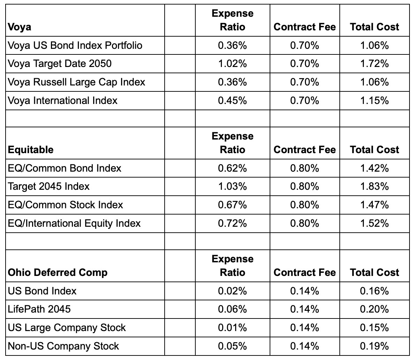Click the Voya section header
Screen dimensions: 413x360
(x=20, y=27)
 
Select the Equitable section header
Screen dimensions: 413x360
(x=31, y=150)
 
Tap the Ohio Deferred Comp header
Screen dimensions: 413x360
(x=58, y=272)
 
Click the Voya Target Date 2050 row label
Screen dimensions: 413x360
(x=60, y=64)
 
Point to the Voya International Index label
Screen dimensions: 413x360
(x=63, y=100)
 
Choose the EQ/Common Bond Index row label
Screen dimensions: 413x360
(x=65, y=168)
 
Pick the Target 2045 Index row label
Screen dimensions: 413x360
(x=49, y=186)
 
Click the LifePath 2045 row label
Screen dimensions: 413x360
(x=39, y=309)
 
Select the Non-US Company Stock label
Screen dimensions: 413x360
(x=63, y=346)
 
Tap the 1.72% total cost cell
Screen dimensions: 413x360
(x=374, y=64)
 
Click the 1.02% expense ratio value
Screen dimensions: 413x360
(x=233, y=64)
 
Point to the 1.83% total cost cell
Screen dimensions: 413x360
(x=374, y=186)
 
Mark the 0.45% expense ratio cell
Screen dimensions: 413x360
(x=233, y=100)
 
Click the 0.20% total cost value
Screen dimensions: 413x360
(x=374, y=309)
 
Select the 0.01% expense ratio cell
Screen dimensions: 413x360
(x=233, y=328)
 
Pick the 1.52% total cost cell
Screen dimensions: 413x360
(x=374, y=223)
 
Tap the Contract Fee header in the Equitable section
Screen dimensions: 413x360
(x=305, y=150)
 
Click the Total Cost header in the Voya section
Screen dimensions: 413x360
(x=374, y=27)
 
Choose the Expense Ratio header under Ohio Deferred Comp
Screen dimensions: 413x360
(x=233, y=265)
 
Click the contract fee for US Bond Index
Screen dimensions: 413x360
(x=305, y=291)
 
